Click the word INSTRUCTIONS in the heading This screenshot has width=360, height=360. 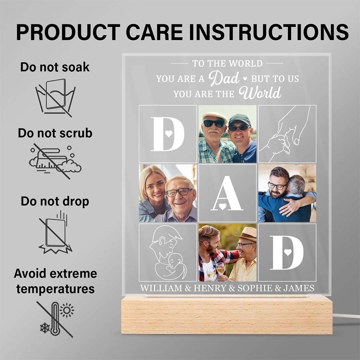270,32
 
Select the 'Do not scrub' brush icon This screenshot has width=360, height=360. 55,161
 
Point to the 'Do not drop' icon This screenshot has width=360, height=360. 55,232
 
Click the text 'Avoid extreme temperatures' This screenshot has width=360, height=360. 55,281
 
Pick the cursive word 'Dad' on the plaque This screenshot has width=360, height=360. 224,78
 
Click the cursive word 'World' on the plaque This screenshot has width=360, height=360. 260,93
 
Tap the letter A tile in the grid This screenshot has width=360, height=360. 227,193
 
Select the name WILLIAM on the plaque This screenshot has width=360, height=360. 161,288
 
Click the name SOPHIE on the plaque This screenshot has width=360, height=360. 255,288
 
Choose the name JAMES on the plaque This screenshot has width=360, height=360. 299,288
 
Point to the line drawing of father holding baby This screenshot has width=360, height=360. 168,252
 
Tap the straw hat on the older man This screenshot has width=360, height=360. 246,233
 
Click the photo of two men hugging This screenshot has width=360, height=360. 287,193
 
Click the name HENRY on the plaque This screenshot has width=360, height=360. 210,288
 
